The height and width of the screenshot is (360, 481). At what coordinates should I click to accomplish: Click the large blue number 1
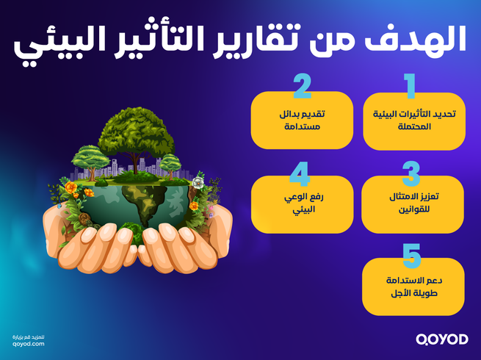click(411, 86)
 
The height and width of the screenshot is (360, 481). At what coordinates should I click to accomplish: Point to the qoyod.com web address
click(29, 343)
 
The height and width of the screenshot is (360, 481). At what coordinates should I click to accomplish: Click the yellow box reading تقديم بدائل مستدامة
click(302, 120)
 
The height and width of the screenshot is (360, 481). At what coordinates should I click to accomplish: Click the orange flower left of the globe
click(70, 188)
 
